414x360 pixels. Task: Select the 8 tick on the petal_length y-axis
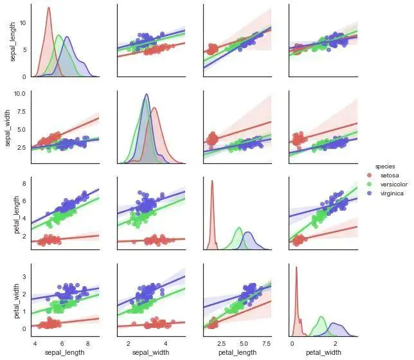24,184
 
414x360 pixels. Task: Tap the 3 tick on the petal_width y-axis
24,275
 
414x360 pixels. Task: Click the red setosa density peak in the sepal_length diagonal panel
49,8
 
